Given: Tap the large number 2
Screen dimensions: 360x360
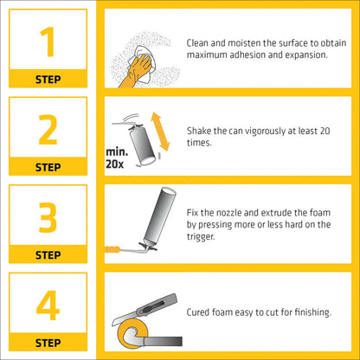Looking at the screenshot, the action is click(48, 130).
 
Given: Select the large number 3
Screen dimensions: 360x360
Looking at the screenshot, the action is click(48, 217).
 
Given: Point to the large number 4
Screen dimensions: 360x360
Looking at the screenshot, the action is click(48, 305).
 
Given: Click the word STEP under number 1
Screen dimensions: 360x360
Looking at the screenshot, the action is click(48, 80).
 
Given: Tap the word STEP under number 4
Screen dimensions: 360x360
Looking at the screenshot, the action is click(48, 343).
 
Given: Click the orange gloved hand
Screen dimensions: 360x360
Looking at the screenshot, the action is click(137, 72).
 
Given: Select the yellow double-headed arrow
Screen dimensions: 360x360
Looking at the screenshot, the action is click(160, 132).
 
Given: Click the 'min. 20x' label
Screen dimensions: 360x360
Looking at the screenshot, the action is click(117, 158).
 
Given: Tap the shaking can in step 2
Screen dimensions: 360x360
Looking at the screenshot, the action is click(142, 145).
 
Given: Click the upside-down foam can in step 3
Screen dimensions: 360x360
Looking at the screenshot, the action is click(158, 218).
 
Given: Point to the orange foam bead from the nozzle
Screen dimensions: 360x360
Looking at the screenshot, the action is click(112, 249).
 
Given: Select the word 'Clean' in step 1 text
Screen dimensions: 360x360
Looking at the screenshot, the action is click(197, 43).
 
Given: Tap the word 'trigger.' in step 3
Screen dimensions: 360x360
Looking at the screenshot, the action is click(201, 237).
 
